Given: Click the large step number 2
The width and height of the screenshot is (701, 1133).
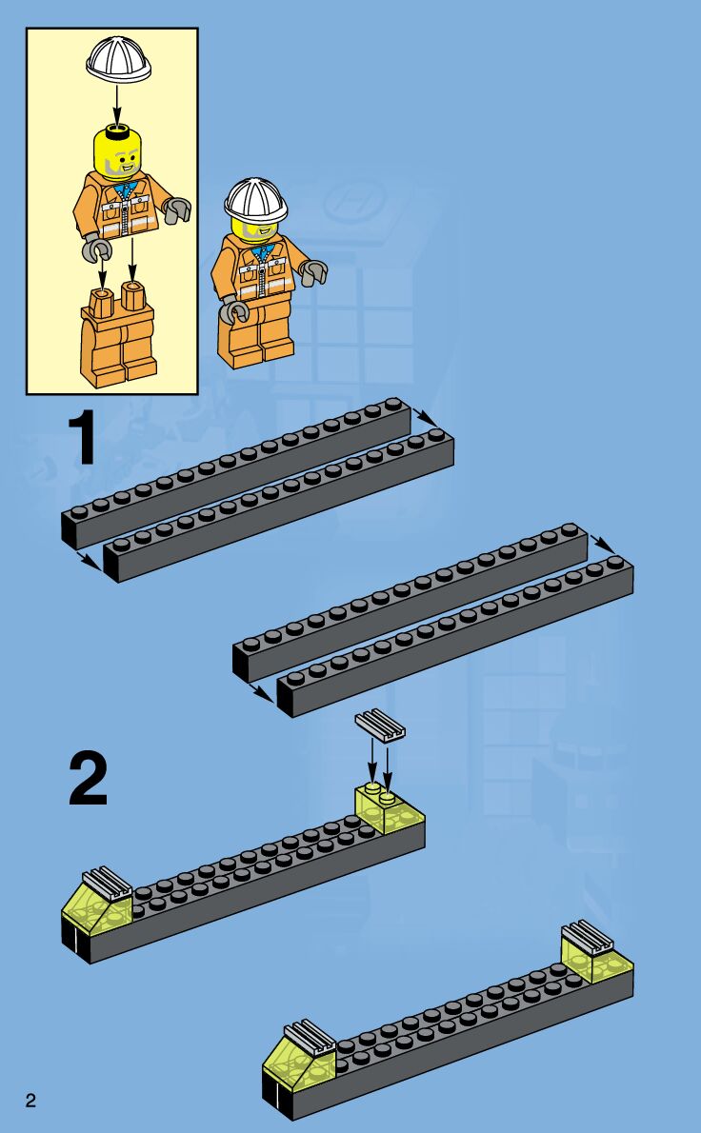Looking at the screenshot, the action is [89, 778].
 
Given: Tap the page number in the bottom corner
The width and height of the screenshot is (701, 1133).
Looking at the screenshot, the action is [30, 1101].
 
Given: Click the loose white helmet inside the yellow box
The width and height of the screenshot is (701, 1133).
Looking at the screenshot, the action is [118, 60].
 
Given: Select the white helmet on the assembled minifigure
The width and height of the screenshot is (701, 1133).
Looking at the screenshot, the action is [255, 199].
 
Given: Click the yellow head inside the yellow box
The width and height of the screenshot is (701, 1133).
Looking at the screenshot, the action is [118, 151].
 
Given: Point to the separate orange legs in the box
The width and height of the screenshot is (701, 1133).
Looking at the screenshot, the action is [118, 335].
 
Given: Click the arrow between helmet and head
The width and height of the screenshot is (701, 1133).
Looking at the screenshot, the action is [117, 104].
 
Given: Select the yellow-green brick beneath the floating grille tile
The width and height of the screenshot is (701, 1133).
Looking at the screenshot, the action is [389, 809].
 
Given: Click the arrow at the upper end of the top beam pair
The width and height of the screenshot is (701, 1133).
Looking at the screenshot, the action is [426, 418].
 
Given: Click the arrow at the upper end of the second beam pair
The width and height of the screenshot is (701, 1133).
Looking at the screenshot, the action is [603, 544].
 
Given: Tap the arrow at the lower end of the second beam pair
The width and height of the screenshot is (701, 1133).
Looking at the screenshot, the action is [262, 694].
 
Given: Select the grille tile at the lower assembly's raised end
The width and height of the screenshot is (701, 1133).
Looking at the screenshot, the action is [587, 937].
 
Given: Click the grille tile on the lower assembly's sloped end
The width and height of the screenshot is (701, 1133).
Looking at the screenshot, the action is [310, 1036].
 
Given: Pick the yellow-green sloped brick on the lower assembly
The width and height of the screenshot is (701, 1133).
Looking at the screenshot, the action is [298, 1063].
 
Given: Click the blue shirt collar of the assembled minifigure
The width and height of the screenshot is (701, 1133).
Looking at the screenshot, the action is [262, 251].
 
